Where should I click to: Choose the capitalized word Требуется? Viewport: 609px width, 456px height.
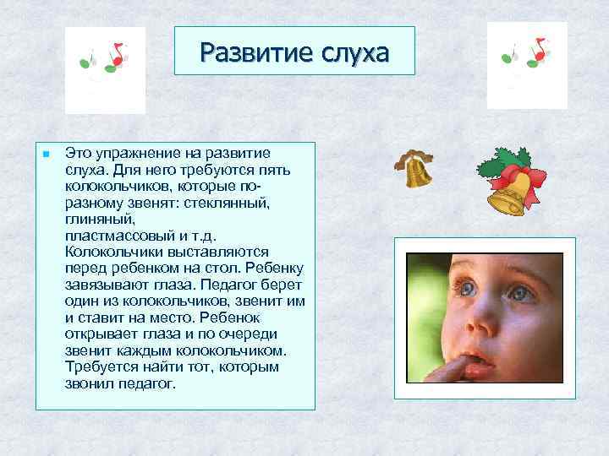tap(100, 366)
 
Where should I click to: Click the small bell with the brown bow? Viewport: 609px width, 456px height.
tap(416, 169)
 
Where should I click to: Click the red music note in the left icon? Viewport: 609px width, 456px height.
tap(117, 56)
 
